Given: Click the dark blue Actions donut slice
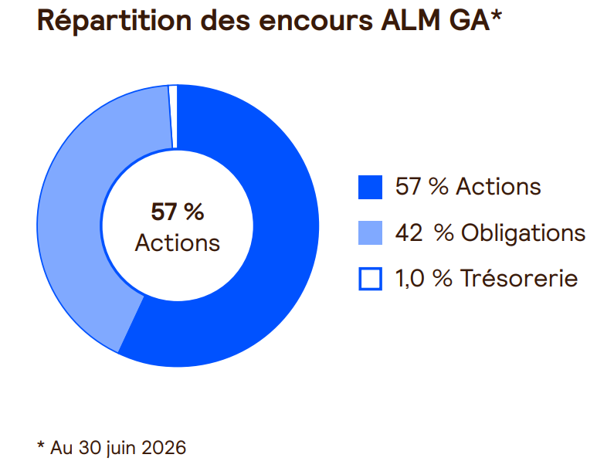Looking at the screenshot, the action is [x=266, y=266].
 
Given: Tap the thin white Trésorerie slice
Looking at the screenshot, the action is [x=173, y=116].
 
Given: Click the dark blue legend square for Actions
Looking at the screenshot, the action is [x=370, y=187].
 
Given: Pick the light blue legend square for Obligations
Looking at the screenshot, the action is [x=370, y=232].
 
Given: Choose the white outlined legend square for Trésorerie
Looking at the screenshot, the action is [x=370, y=279].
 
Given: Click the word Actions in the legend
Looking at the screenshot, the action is [x=498, y=187].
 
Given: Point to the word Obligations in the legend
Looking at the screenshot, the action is [x=523, y=233].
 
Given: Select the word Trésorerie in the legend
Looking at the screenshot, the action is [x=519, y=278].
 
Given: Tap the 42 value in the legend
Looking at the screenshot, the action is [x=409, y=232].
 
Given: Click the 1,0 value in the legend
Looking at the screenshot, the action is [x=409, y=278].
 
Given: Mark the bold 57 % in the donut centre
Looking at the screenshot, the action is [x=178, y=212].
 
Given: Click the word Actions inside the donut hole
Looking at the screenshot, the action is [x=178, y=242].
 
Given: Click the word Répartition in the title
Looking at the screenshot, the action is [x=114, y=20].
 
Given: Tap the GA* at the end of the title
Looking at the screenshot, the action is [x=476, y=20].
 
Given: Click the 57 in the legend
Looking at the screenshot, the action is [x=409, y=187].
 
